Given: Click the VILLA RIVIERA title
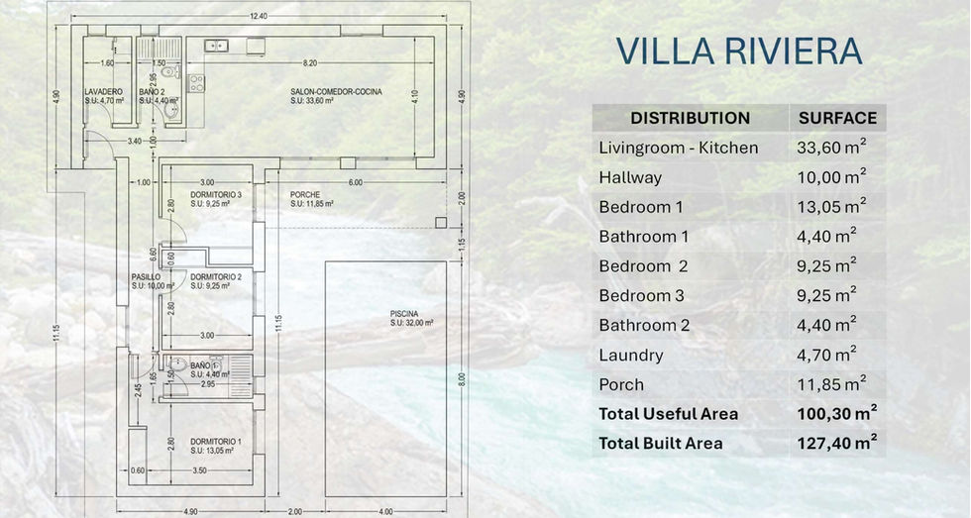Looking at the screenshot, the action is coord(738,51).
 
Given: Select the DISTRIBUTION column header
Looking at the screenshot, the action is coord(690,118).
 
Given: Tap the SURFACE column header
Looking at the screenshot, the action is coord(837,118).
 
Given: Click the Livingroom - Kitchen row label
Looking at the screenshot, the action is coord(679,148).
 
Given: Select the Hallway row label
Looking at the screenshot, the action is coord(630,177).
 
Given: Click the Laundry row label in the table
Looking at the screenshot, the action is coord(631,355).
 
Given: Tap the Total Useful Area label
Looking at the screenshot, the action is coord(668,414).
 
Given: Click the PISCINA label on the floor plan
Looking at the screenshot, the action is coord(404,314).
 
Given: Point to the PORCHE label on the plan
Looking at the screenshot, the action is coord(305,194).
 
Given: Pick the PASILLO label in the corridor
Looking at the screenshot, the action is coord(146,277).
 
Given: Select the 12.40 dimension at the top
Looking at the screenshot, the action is coord(259,16).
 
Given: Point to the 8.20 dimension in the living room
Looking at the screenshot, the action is coord(310,63).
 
